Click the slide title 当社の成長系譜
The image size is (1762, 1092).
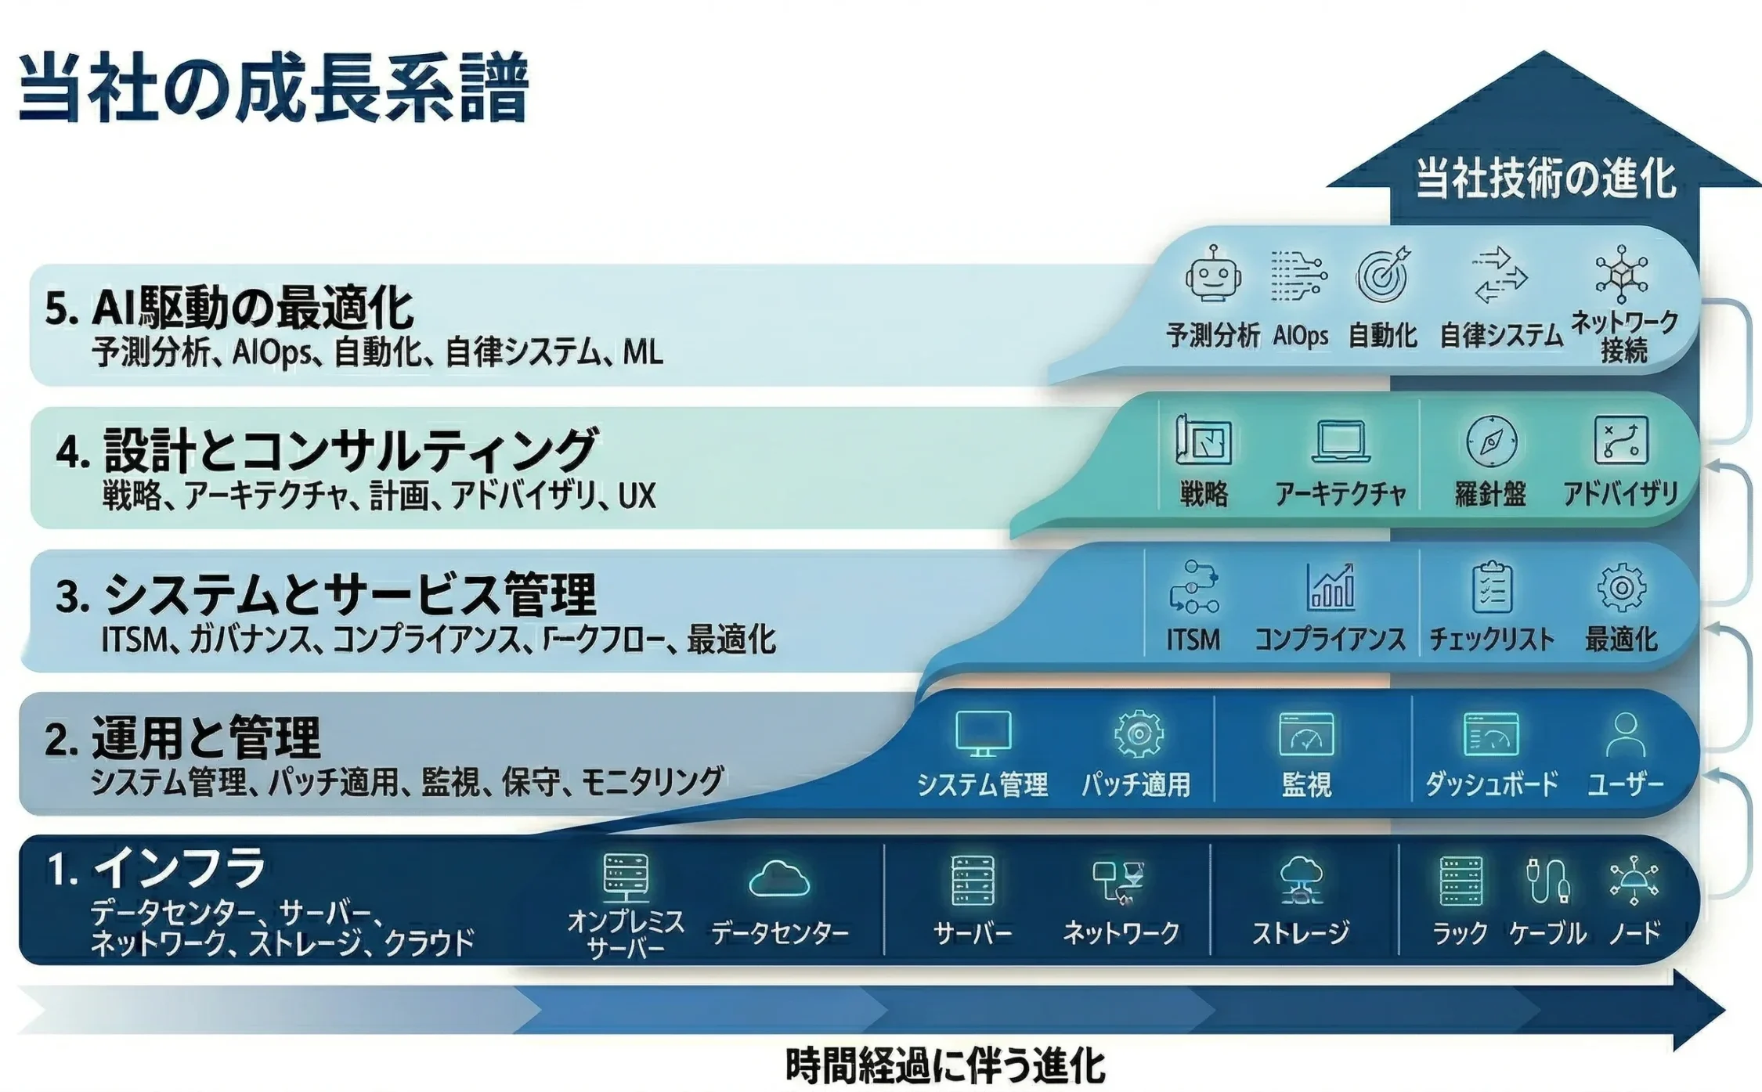click(273, 88)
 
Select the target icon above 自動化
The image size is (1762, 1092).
click(1382, 275)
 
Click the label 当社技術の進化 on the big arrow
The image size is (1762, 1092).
click(1545, 178)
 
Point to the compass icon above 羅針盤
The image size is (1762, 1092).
click(1491, 441)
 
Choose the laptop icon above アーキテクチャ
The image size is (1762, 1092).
click(1341, 441)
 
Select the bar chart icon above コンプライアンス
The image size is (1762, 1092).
click(1331, 586)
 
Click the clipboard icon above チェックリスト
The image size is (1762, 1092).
click(1492, 586)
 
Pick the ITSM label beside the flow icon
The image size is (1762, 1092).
click(1193, 640)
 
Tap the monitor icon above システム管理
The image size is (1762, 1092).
click(983, 733)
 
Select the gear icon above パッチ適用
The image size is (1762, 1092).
click(1138, 733)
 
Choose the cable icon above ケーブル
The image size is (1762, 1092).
click(1547, 880)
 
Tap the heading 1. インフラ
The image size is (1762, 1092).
click(157, 868)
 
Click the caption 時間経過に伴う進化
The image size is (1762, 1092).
click(944, 1066)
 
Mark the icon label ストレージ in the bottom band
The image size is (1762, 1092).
click(1301, 932)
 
